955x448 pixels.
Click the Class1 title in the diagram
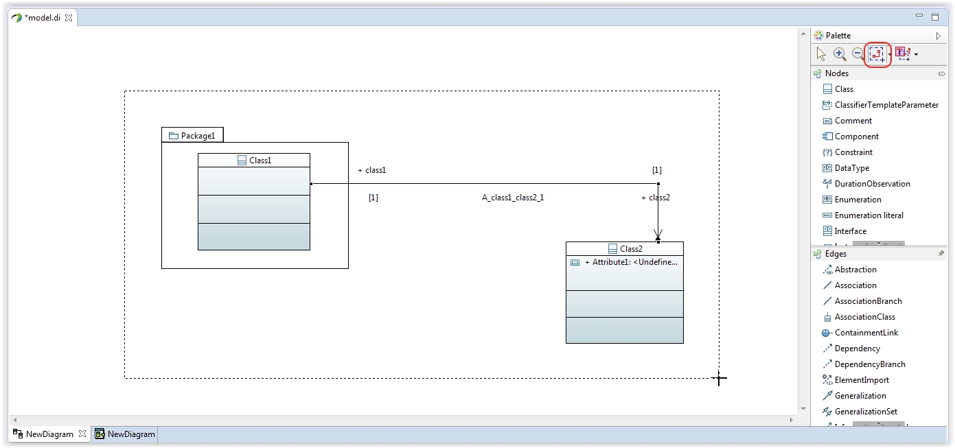pos(260,160)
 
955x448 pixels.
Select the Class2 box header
pos(625,249)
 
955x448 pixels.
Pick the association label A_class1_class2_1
pos(513,198)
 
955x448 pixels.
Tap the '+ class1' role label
pos(371,170)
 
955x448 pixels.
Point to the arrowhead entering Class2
pos(658,235)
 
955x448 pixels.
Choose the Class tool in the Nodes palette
pos(844,89)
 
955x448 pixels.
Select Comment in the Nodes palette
pos(853,121)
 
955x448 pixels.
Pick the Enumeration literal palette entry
pos(869,215)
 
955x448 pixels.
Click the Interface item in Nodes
pos(850,231)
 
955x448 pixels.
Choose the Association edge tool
pos(855,285)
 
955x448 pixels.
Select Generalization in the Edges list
pos(860,396)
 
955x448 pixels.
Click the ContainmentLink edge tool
pos(866,333)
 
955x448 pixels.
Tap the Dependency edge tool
pos(857,349)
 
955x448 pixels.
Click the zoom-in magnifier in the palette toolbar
pos(840,54)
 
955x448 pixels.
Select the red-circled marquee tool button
pos(877,54)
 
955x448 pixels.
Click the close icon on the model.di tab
pos(69,18)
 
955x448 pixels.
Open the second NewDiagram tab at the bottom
pos(124,434)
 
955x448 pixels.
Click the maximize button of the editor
pos(935,17)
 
